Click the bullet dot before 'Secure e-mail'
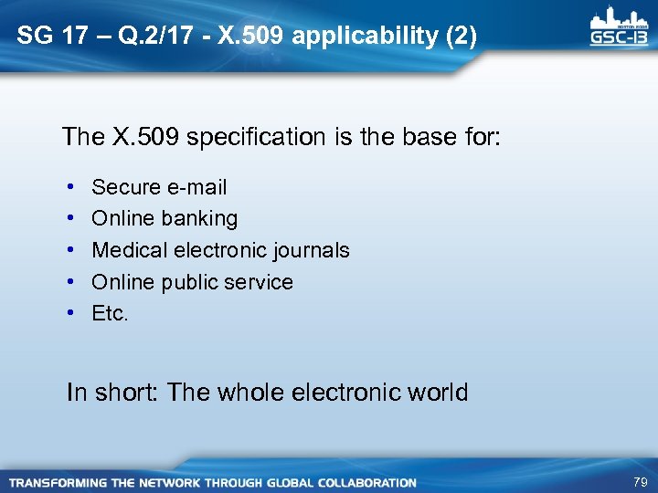point(70,187)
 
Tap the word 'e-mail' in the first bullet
point(196,187)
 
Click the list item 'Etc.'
point(111,314)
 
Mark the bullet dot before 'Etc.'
point(70,314)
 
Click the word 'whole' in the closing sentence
point(251,393)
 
